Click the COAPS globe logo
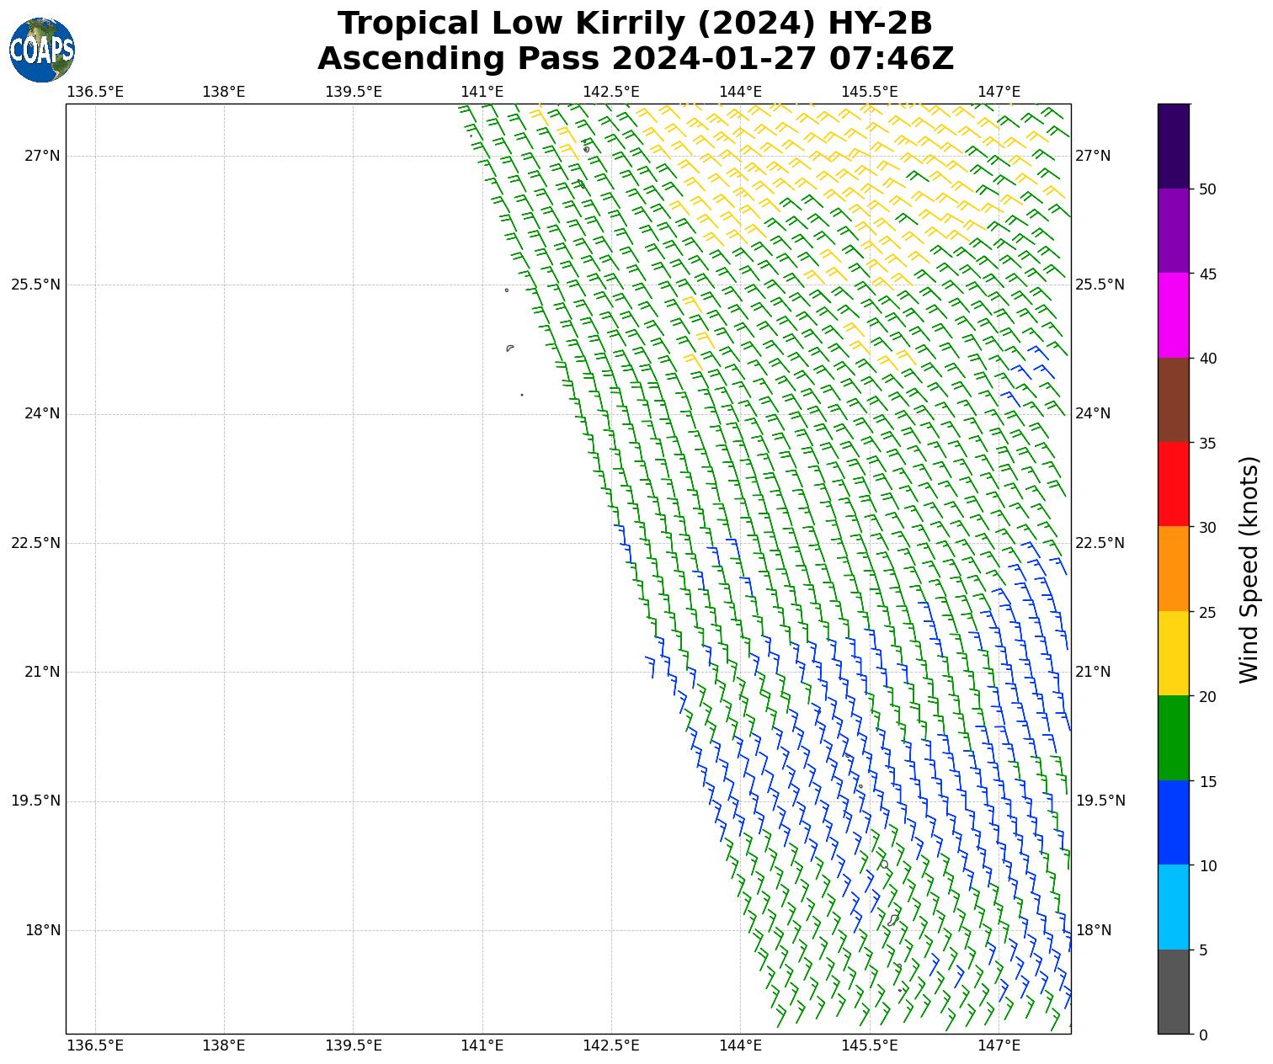point(42,51)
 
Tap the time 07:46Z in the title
point(892,59)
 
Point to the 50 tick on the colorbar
point(1207,189)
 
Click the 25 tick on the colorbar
point(1207,612)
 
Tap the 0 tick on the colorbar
point(1203,1035)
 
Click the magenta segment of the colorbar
point(1174,316)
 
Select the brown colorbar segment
point(1174,400)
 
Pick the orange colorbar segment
point(1174,569)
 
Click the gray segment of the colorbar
point(1174,992)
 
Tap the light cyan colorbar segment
point(1174,907)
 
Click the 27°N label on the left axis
point(42,156)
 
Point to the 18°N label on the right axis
point(1094,930)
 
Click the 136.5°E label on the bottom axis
point(95,1045)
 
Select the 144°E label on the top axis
point(741,91)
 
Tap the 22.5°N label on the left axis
point(36,543)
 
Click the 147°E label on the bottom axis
point(999,1045)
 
